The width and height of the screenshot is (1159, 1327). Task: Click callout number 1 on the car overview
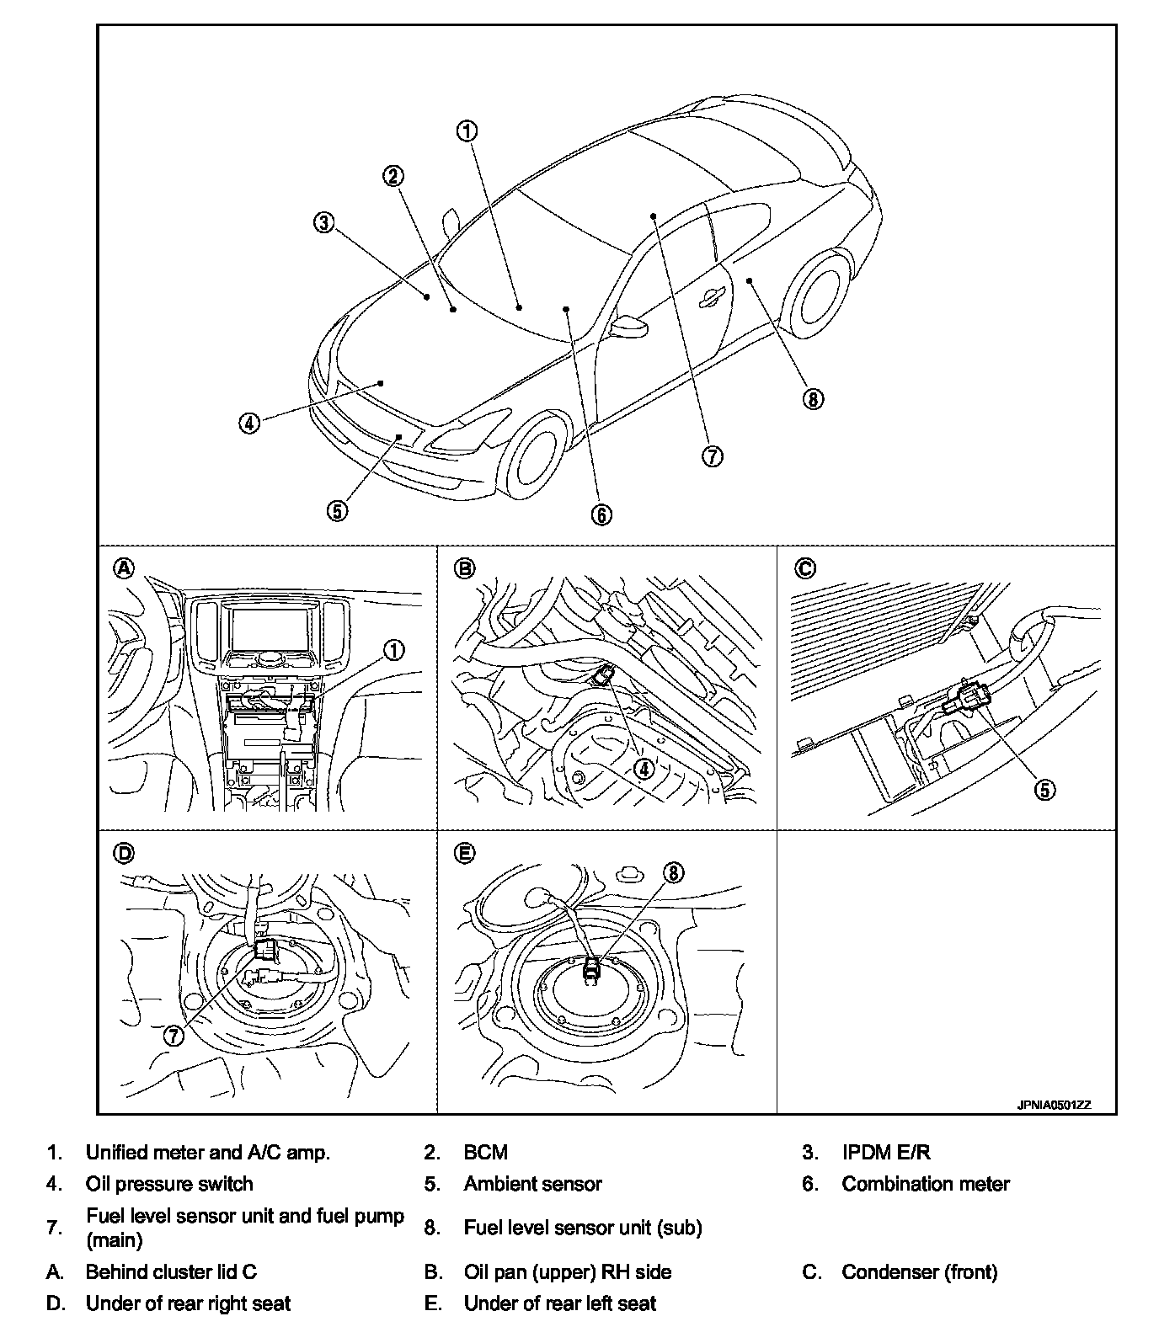(x=467, y=131)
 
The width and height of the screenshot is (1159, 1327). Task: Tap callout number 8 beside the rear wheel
(x=812, y=399)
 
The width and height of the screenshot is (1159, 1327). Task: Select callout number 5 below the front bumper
(x=337, y=509)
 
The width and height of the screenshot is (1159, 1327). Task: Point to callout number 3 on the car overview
(x=324, y=222)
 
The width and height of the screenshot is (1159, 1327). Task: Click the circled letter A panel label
(x=124, y=568)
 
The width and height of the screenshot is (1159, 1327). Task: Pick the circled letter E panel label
(x=463, y=854)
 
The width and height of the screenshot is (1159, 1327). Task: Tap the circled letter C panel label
(x=805, y=568)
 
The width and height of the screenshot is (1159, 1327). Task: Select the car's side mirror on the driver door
(x=628, y=325)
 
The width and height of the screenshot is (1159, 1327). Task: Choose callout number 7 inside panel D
(x=174, y=1036)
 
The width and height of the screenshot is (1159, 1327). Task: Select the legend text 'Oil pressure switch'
(x=169, y=1184)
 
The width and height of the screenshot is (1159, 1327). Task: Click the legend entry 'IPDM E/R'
(x=886, y=1153)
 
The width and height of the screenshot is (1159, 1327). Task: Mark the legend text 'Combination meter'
(x=926, y=1184)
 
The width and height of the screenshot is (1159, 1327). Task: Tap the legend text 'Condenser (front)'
(x=919, y=1271)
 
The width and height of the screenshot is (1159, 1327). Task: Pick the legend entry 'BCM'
(x=486, y=1153)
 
